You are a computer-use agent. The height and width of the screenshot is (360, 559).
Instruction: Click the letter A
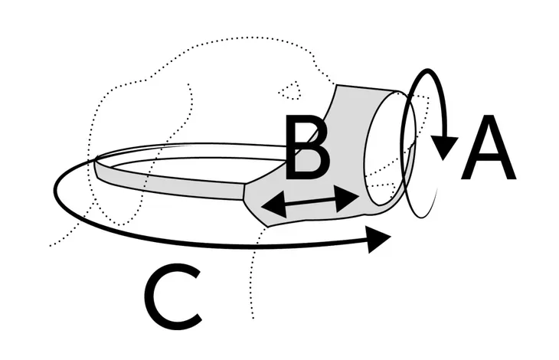[x=489, y=147]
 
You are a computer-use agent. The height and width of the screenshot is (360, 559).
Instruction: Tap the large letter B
[x=308, y=147]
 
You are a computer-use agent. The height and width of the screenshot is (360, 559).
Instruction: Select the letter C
[x=173, y=296]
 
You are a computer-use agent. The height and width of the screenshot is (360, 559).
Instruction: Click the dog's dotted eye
[x=290, y=90]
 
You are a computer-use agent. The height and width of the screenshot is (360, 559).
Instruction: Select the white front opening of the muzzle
[x=388, y=149]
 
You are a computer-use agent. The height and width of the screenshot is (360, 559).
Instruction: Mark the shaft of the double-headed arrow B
[x=311, y=201]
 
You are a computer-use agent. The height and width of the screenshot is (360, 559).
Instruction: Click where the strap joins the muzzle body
[x=244, y=191]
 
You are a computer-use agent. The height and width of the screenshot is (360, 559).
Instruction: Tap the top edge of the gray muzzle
[x=368, y=88]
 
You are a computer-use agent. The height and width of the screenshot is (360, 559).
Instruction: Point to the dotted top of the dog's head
[x=250, y=38]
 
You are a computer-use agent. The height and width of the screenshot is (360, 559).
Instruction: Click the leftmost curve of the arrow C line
[x=56, y=186]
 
